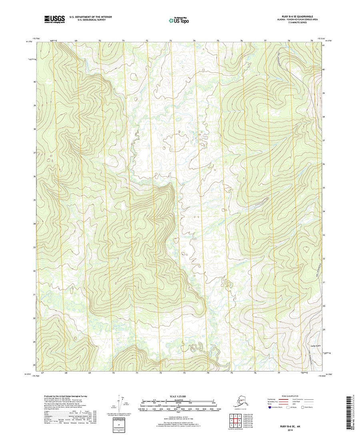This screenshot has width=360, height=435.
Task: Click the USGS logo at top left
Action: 54,18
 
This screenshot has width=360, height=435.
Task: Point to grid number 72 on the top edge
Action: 147,41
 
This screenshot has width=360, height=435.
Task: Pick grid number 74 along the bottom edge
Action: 208,373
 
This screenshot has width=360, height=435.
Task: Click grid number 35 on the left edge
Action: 35,200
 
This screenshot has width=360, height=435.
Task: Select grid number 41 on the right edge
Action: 324,46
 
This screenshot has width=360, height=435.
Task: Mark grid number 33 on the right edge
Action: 324,235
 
